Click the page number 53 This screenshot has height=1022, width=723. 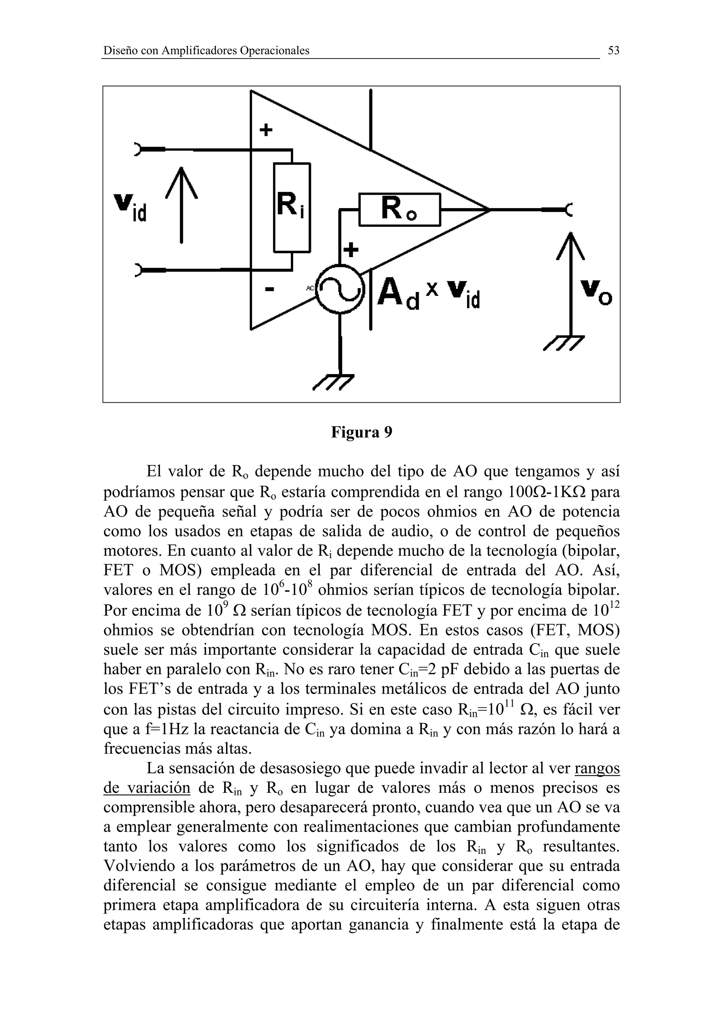click(x=614, y=51)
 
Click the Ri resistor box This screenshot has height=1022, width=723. click(x=292, y=207)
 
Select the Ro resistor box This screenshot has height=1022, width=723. click(x=400, y=209)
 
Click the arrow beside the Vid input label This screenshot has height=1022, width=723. click(x=181, y=205)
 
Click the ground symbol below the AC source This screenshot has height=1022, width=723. click(x=334, y=382)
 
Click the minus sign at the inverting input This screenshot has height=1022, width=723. click(x=269, y=289)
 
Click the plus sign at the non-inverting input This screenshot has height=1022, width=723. click(x=266, y=130)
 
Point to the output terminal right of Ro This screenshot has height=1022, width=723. click(x=569, y=209)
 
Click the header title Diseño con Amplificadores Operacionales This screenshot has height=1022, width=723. click(x=206, y=51)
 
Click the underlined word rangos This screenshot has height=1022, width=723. click(x=597, y=768)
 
